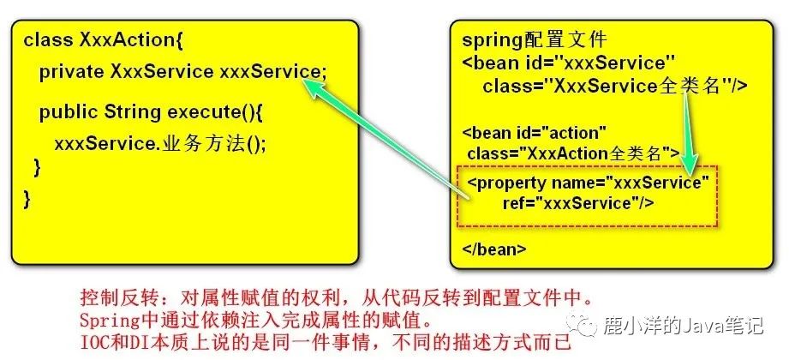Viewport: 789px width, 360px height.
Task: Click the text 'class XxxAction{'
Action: [x=103, y=39]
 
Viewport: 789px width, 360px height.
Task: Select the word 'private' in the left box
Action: [x=71, y=72]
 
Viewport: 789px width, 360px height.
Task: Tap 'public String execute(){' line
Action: [x=151, y=112]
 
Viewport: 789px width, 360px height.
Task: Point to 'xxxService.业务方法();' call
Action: [x=159, y=144]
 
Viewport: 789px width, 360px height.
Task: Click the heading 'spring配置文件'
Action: [x=535, y=39]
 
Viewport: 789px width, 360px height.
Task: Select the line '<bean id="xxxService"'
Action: [x=569, y=63]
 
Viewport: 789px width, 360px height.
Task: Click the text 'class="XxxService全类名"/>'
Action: [x=615, y=87]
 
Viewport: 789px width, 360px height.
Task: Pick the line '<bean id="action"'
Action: [x=534, y=133]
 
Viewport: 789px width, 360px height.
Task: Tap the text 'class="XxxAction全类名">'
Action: [x=572, y=153]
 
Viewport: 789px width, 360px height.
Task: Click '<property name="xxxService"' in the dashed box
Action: [x=588, y=183]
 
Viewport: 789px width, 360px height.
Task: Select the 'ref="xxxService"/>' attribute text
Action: [x=578, y=203]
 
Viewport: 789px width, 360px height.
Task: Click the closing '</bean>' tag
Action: [x=494, y=249]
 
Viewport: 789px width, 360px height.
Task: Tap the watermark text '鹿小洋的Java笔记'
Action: [x=683, y=325]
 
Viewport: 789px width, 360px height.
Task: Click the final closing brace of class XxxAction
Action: [x=27, y=200]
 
